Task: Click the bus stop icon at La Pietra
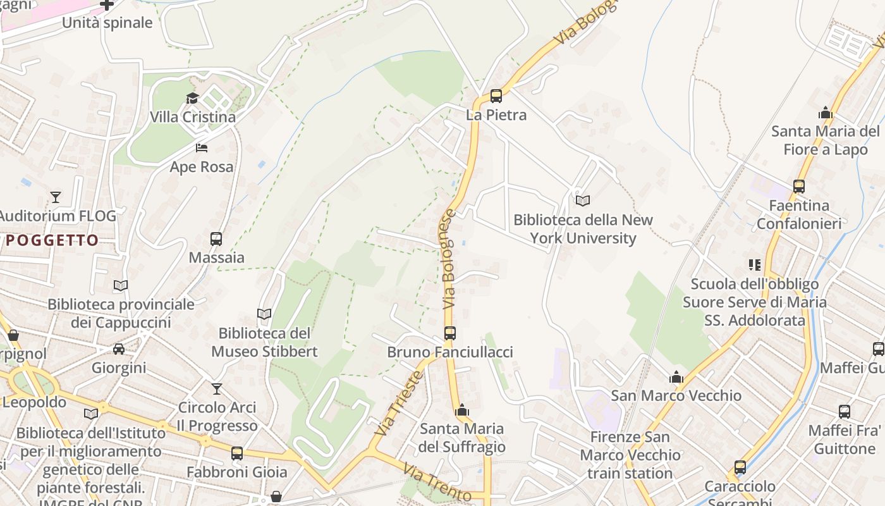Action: tap(496, 96)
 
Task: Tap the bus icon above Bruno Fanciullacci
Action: tap(450, 333)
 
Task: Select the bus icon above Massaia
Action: tap(216, 239)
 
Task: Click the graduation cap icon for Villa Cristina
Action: tap(192, 98)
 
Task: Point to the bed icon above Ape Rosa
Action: tap(202, 148)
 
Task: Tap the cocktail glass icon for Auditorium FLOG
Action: tap(56, 197)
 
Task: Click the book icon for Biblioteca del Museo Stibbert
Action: tap(264, 314)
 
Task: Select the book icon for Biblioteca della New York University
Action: tap(583, 201)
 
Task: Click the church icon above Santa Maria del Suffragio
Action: tap(462, 410)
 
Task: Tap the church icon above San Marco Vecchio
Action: tap(676, 377)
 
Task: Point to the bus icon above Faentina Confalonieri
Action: tap(799, 187)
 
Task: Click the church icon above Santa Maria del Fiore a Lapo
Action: tap(825, 113)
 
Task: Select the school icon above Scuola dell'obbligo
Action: tap(754, 265)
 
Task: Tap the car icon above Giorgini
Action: tap(119, 349)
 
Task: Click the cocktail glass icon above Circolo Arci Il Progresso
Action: tap(217, 388)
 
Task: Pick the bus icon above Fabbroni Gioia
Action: tap(237, 453)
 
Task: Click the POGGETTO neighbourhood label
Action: tap(52, 240)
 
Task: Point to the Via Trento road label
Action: tap(437, 483)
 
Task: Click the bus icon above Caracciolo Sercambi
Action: tap(740, 467)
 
